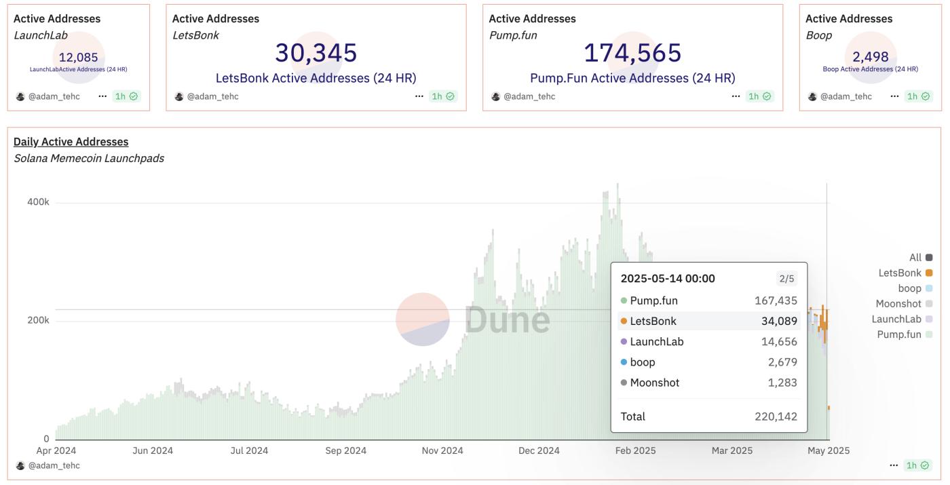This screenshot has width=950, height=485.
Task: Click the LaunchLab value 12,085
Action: point(79,58)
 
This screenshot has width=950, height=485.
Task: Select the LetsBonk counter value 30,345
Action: point(316,53)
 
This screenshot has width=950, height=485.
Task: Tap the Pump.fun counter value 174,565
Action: point(632,53)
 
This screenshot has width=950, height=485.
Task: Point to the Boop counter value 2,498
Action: point(871,58)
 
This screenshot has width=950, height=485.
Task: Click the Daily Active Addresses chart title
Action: point(71,142)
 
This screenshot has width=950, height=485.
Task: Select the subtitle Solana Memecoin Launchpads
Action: point(88,158)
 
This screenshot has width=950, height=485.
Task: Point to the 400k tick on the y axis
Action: point(38,202)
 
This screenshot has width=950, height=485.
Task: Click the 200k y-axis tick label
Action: point(38,320)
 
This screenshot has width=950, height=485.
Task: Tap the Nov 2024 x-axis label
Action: point(442,450)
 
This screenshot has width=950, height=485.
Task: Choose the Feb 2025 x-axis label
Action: point(635,450)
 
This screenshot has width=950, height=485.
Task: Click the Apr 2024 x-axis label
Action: point(56,450)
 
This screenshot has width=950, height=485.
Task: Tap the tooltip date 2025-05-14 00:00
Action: point(668,279)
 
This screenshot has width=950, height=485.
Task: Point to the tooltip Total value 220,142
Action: point(776,416)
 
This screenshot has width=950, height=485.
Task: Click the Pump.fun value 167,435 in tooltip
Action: point(776,300)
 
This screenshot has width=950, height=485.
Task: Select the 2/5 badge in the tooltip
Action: point(786,279)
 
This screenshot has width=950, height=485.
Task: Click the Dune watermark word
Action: point(507,319)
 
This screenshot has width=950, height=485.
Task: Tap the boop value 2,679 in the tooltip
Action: point(782,362)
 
